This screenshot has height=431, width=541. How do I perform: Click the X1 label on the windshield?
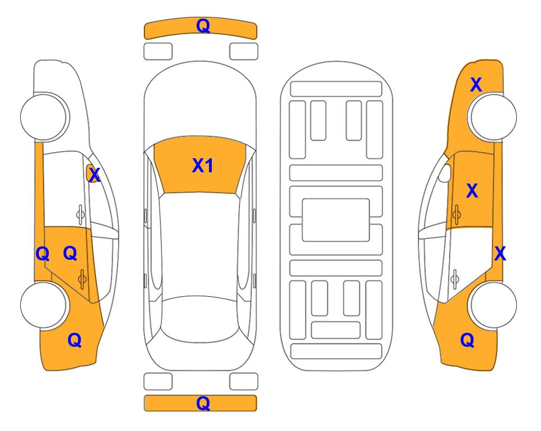pyautogui.click(x=203, y=166)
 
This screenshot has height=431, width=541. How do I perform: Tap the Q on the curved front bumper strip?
pyautogui.click(x=203, y=25)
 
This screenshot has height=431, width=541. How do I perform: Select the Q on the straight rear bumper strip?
pyautogui.click(x=203, y=403)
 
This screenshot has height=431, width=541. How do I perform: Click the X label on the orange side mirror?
pyautogui.click(x=94, y=175)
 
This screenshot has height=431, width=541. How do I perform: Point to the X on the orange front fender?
pyautogui.click(x=476, y=85)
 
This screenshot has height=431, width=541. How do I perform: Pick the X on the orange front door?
pyautogui.click(x=472, y=191)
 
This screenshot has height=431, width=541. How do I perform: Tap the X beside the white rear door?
pyautogui.click(x=500, y=254)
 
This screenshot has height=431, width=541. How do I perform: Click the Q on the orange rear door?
pyautogui.click(x=70, y=254)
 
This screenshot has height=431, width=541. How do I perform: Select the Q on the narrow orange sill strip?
pyautogui.click(x=43, y=254)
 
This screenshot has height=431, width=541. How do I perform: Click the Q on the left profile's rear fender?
pyautogui.click(x=75, y=340)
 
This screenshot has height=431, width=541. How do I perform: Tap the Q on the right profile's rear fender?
pyautogui.click(x=467, y=340)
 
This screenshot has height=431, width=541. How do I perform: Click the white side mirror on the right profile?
pyautogui.click(x=445, y=173)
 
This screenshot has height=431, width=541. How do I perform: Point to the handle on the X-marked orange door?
pyautogui.click(x=456, y=214)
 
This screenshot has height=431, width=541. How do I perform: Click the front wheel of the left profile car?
pyautogui.click(x=44, y=117)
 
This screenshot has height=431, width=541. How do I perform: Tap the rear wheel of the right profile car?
pyautogui.click(x=493, y=305)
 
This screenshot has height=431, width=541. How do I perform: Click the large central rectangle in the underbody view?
pyautogui.click(x=336, y=220)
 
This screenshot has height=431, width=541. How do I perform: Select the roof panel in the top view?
pyautogui.click(x=200, y=245)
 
